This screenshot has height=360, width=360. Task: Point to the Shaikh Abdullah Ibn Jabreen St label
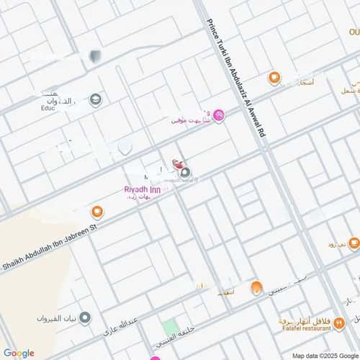50,246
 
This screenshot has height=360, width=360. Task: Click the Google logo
19,352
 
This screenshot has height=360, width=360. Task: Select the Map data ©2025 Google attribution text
324,355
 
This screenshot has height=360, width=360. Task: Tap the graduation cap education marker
95,99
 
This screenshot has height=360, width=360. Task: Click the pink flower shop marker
219,115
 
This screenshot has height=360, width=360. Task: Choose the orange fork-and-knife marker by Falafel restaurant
339,323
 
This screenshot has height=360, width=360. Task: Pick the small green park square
170,328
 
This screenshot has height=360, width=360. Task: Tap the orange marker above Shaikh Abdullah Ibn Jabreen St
96,212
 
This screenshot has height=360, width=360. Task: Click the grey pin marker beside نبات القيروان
85,318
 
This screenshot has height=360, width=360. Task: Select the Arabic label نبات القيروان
58,318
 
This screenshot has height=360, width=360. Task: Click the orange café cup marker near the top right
274,78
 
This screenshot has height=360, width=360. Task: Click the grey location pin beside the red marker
186,172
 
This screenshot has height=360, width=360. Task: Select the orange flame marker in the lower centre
256,288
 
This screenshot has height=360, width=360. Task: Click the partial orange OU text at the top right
354,32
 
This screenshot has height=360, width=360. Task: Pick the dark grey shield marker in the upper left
94,55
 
